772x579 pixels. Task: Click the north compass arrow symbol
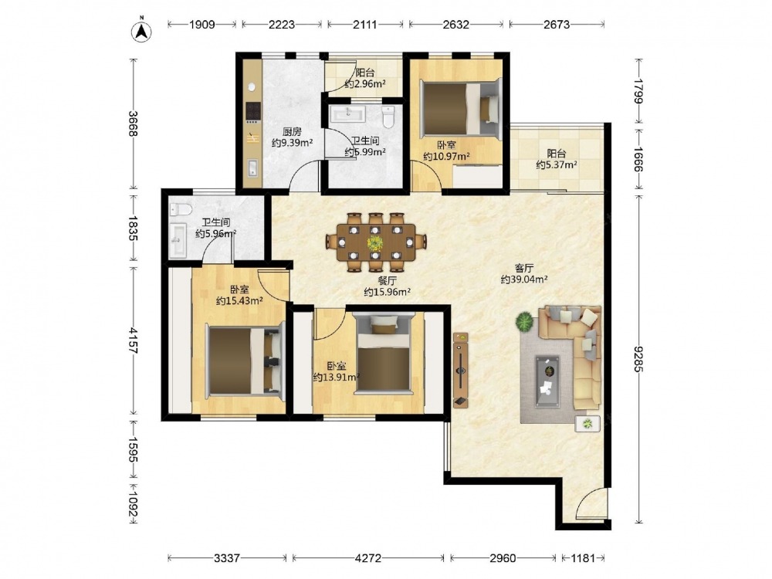pyautogui.click(x=141, y=31)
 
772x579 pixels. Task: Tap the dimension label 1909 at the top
pyautogui.click(x=201, y=24)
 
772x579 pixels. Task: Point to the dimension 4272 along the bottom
pyautogui.click(x=367, y=558)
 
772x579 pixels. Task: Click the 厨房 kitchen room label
pyautogui.click(x=292, y=131)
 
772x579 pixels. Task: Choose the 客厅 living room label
pyautogui.click(x=524, y=269)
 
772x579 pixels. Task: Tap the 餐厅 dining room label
pyautogui.click(x=388, y=281)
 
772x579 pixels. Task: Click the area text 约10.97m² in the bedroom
pyautogui.click(x=446, y=157)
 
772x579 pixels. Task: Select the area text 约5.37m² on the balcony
pyautogui.click(x=557, y=165)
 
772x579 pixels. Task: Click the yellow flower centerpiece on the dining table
pyautogui.click(x=376, y=242)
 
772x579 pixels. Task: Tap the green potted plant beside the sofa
pyautogui.click(x=524, y=323)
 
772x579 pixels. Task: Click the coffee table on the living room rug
pyautogui.click(x=547, y=381)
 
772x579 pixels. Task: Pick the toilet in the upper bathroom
pyautogui.click(x=389, y=117)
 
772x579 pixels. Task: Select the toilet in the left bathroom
pyautogui.click(x=180, y=210)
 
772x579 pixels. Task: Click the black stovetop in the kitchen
pyautogui.click(x=253, y=113)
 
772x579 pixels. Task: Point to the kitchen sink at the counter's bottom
pyautogui.click(x=252, y=168)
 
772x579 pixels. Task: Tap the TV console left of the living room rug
pyautogui.click(x=461, y=370)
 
